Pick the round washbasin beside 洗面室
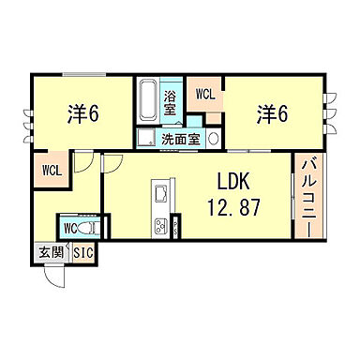pyautogui.click(x=213, y=137)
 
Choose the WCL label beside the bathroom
pyautogui.click(x=205, y=94)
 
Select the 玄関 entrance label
pyautogui.click(x=49, y=252)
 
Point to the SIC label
pyautogui.click(x=82, y=252)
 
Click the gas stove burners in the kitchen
pyautogui.click(x=158, y=226)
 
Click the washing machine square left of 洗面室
pyautogui.click(x=144, y=139)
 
